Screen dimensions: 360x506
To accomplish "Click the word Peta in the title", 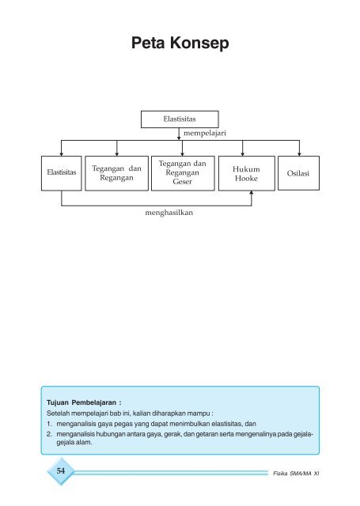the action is [x=148, y=43].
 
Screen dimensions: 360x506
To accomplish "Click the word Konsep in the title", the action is [x=199, y=43].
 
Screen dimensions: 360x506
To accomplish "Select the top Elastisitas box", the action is [x=180, y=119].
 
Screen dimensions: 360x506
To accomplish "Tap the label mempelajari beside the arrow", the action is [x=205, y=134].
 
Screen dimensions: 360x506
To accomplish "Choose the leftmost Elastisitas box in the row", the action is [x=62, y=173].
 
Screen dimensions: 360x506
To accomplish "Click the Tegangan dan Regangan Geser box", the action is [x=183, y=173].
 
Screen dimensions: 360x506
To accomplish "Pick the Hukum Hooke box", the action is [x=247, y=173].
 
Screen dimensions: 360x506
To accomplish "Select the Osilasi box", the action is [x=298, y=173].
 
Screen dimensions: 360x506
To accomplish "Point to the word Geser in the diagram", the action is [x=183, y=182].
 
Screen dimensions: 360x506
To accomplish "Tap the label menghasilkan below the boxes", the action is [x=169, y=213].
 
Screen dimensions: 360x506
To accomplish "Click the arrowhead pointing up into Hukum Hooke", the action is [x=252, y=193].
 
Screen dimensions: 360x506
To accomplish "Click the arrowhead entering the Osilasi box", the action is [x=299, y=154].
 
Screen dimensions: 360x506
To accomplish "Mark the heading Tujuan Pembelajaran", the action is [x=84, y=402].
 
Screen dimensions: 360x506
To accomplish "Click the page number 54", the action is [x=61, y=471].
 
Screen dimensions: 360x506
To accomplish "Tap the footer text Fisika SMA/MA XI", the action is [x=296, y=474].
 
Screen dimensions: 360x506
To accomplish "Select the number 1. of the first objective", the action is [x=49, y=424].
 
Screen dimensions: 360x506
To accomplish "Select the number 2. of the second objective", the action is [x=49, y=434].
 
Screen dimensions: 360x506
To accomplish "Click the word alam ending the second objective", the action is [x=85, y=443].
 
